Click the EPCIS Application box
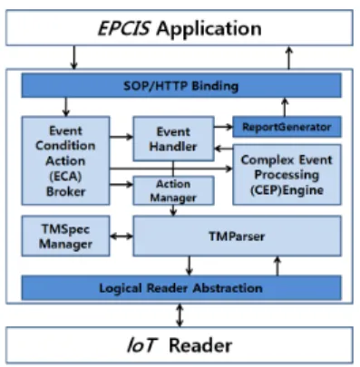[180, 28]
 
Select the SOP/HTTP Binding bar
[181, 85]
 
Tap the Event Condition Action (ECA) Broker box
[65, 160]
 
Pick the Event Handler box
[174, 139]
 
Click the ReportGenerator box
[287, 127]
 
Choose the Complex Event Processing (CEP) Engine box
[287, 175]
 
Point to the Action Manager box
[174, 190]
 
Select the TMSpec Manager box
[65, 236]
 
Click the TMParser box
[238, 236]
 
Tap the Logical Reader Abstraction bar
[181, 287]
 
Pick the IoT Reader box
[180, 345]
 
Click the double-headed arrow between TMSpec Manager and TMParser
[122, 237]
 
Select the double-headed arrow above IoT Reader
[180, 315]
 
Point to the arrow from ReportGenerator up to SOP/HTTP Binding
[285, 107]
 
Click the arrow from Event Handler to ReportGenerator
[224, 127]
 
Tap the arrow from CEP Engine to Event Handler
[224, 149]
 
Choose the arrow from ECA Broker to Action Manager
[122, 184]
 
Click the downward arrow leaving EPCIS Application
[74, 57]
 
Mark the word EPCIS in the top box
[124, 29]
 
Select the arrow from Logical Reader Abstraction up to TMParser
[277, 266]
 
